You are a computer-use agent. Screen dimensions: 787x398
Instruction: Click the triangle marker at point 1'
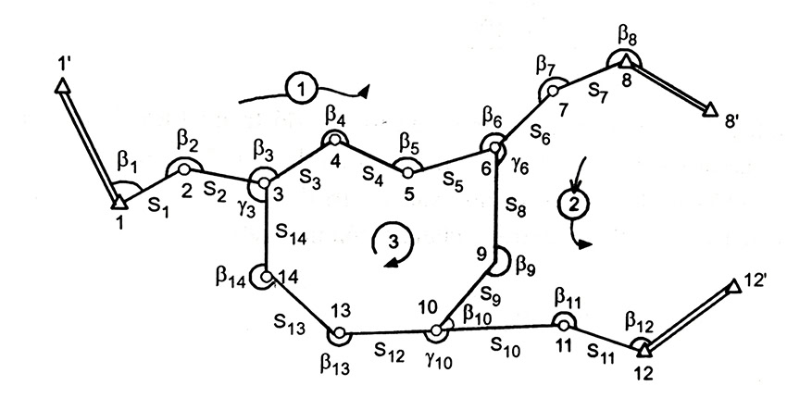61,86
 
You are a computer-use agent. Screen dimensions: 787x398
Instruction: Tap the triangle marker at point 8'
709,109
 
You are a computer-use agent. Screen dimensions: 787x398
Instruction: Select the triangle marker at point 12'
734,286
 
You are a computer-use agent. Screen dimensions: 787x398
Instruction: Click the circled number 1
301,89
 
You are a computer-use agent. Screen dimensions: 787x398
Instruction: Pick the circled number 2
574,204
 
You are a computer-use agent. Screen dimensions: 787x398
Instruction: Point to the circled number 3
393,242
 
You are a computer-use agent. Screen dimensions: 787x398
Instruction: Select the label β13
335,364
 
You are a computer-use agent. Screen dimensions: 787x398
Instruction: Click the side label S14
291,234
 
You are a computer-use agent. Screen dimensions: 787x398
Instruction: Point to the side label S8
515,205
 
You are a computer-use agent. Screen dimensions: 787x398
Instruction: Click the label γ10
439,360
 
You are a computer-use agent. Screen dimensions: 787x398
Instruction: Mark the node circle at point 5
408,173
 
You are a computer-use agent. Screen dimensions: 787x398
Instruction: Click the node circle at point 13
339,333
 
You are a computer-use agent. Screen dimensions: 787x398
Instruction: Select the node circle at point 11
564,325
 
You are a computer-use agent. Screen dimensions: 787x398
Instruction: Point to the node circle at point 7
553,92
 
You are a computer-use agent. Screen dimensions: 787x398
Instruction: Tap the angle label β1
126,162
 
